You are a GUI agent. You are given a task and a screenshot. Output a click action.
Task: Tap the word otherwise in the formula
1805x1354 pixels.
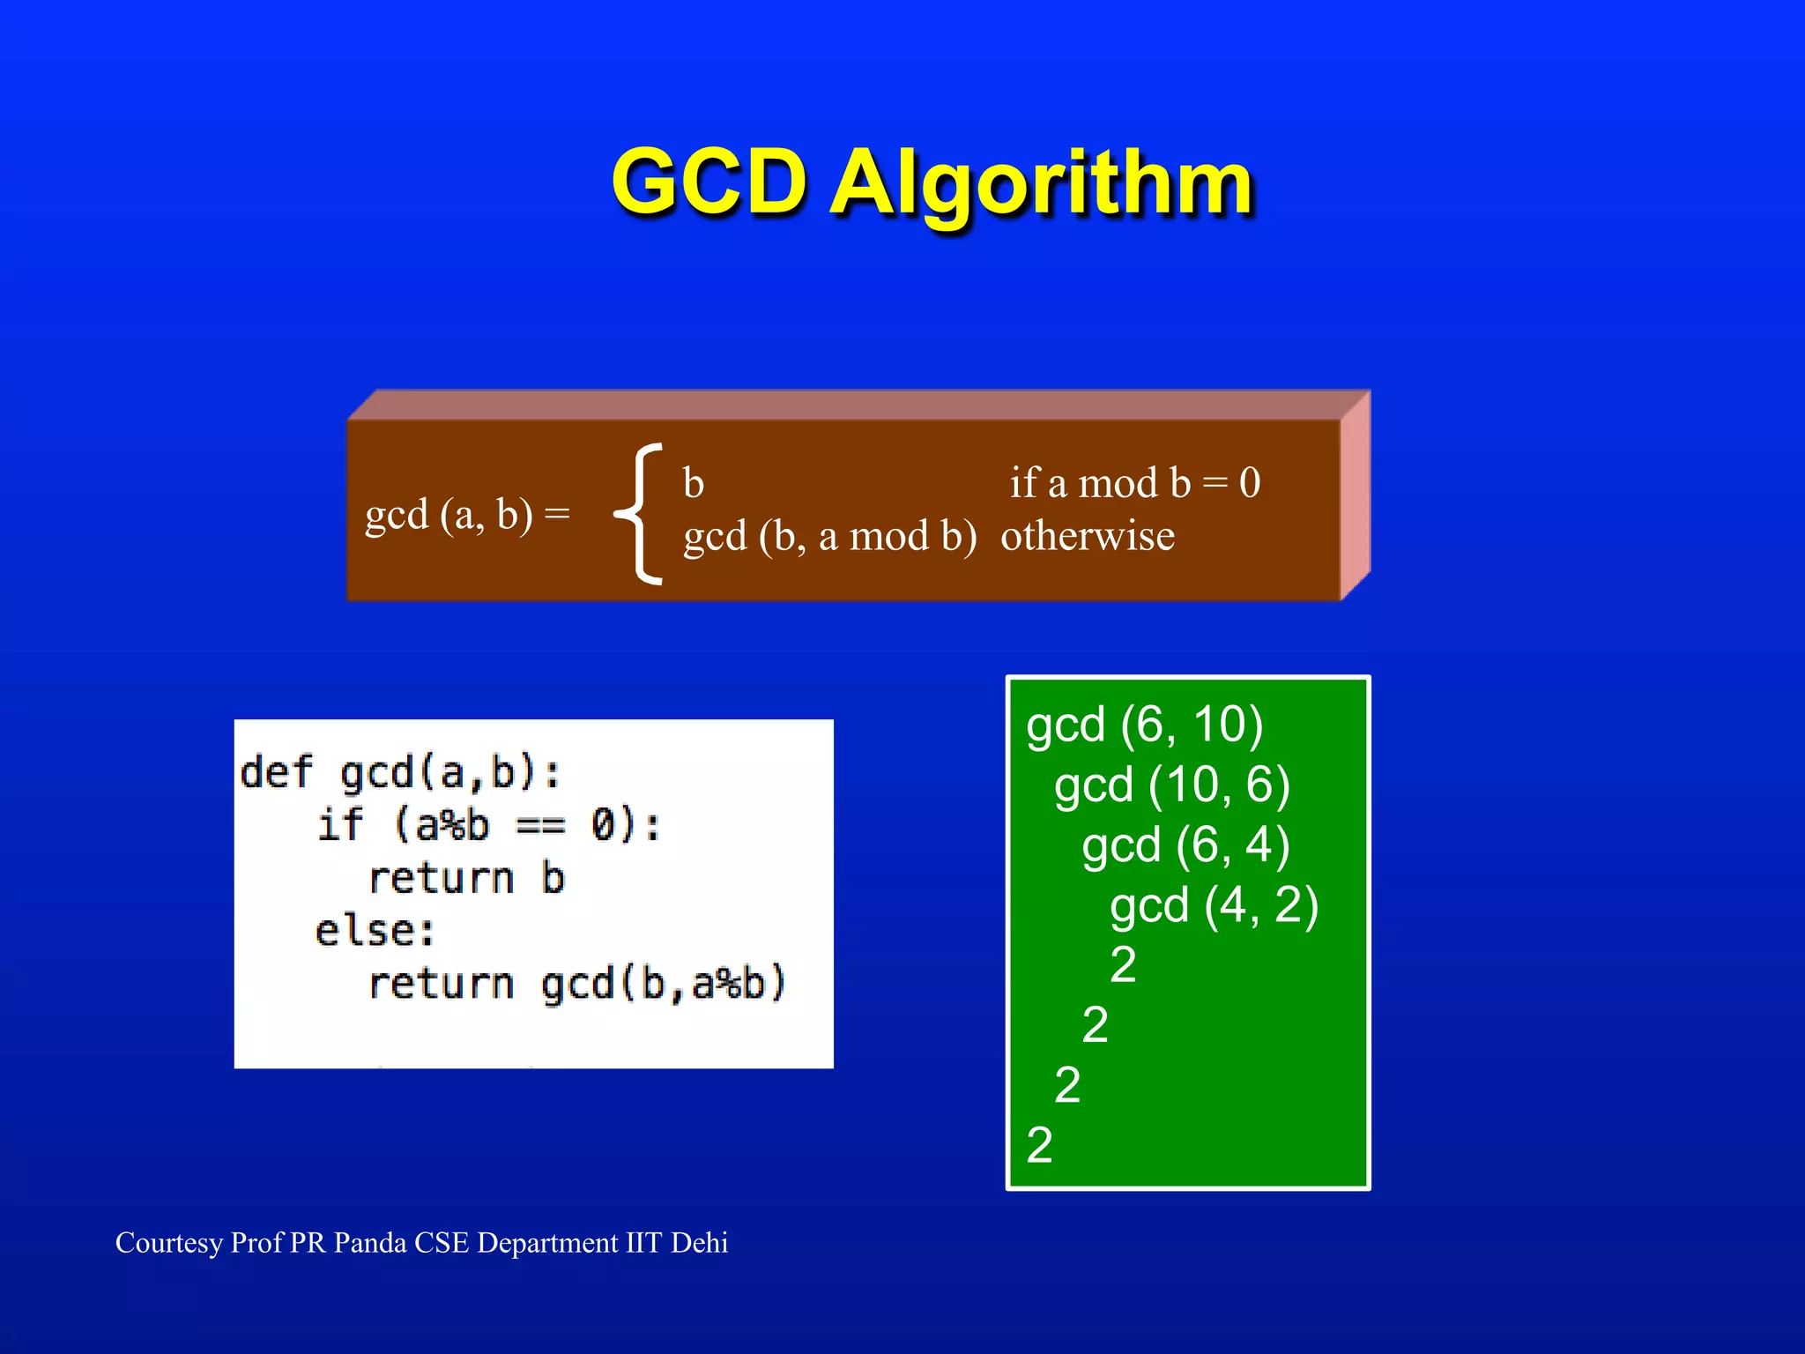(1088, 536)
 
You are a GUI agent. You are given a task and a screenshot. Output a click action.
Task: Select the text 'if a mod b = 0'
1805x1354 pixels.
(1135, 483)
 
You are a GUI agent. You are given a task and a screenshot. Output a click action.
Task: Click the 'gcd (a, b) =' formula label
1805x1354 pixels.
(467, 514)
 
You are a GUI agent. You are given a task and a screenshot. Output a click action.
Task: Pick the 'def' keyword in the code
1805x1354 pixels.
(276, 772)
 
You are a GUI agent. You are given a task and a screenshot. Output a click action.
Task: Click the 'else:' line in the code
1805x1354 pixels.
(375, 931)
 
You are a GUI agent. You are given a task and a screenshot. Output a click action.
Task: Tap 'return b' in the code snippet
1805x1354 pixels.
(466, 878)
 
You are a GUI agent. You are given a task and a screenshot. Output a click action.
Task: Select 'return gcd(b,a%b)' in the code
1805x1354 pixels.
(576, 984)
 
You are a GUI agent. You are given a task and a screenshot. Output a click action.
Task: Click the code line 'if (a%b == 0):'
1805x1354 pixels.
(489, 825)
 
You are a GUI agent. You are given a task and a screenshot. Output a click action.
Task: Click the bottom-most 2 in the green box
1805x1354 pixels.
(1040, 1145)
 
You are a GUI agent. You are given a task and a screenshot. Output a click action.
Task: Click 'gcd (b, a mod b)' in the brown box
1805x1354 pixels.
(830, 536)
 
